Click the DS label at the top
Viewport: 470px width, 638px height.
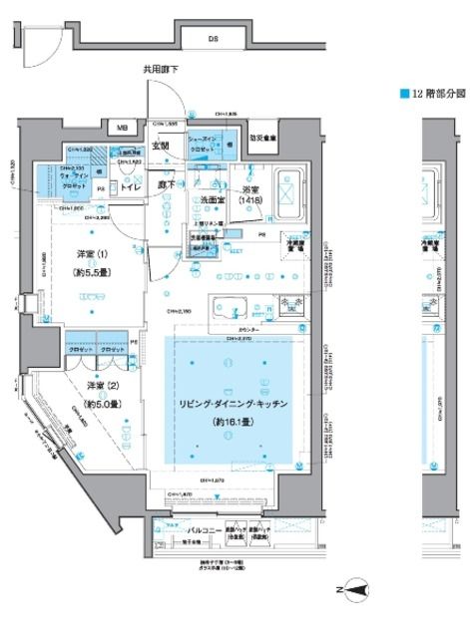coord(214,39)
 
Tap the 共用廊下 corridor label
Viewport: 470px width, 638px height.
coord(160,69)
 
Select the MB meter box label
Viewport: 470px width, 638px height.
coord(122,129)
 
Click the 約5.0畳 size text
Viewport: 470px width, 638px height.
coord(101,404)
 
